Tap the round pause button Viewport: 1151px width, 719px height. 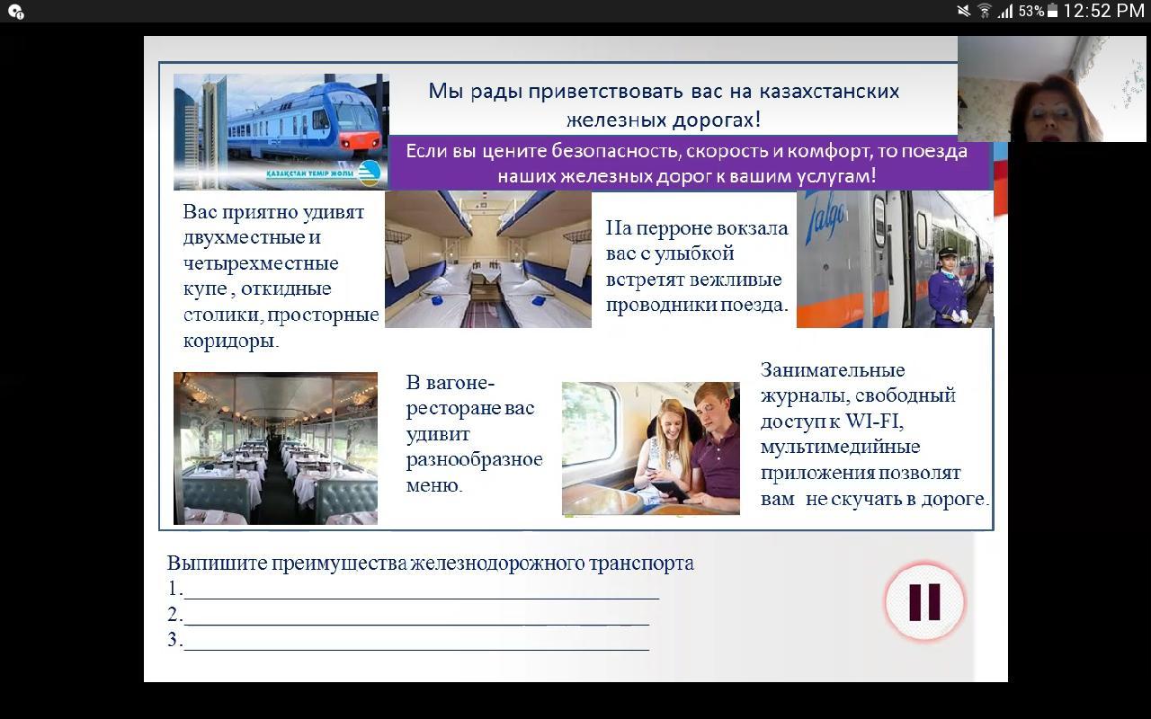924,601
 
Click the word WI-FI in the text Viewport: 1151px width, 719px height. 872,422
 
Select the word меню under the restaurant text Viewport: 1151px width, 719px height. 433,485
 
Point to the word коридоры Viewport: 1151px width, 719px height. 231,341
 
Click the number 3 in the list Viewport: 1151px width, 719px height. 173,640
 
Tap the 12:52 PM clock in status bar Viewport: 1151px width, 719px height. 1103,11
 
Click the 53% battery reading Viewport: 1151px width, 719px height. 1031,12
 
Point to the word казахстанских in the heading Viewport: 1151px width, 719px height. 829,92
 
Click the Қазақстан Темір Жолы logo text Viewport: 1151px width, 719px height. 309,173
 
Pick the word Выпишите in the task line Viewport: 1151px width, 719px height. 218,564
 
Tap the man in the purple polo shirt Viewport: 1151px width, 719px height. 714,452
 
